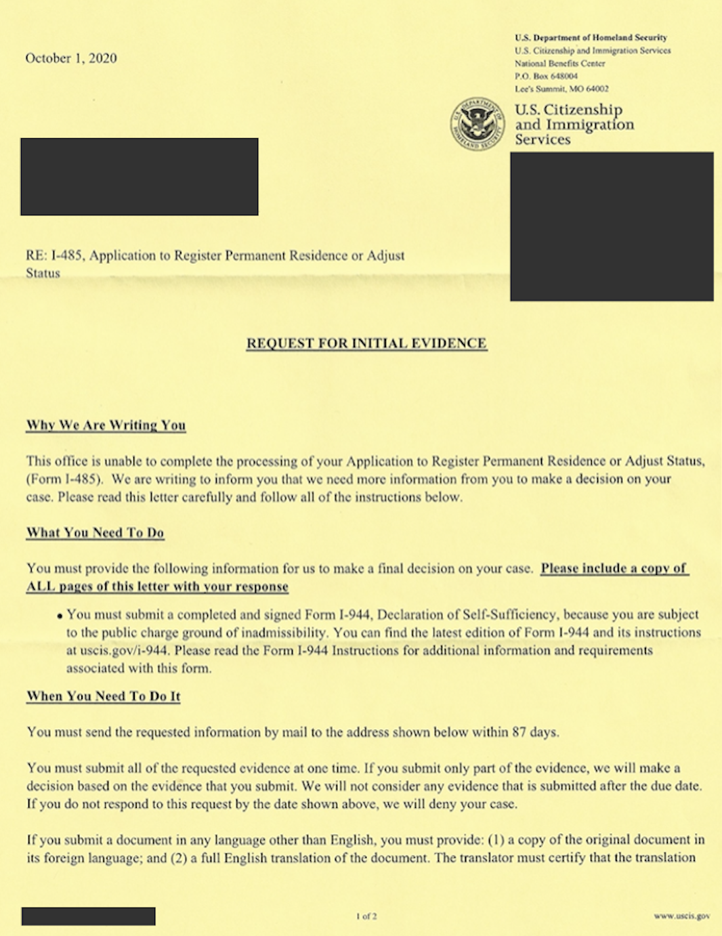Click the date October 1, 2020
click(x=71, y=58)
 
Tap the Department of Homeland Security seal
click(x=477, y=124)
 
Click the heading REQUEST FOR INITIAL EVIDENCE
click(x=366, y=343)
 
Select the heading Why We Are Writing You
click(x=106, y=425)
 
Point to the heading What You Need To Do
click(x=95, y=533)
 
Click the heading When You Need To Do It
click(x=103, y=696)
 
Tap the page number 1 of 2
click(x=366, y=916)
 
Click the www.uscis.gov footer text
click(x=681, y=916)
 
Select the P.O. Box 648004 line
click(x=546, y=76)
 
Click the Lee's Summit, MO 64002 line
click(x=561, y=89)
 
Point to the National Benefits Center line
click(x=559, y=63)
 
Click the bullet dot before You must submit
click(x=60, y=616)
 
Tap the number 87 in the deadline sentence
click(x=519, y=732)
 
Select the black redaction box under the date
click(x=140, y=177)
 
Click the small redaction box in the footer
click(x=88, y=916)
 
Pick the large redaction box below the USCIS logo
click(x=612, y=226)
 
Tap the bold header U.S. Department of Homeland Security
click(x=591, y=38)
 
